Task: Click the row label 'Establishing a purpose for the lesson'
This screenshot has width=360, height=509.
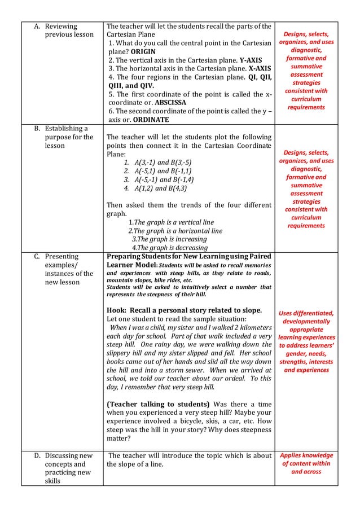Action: click(64, 137)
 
